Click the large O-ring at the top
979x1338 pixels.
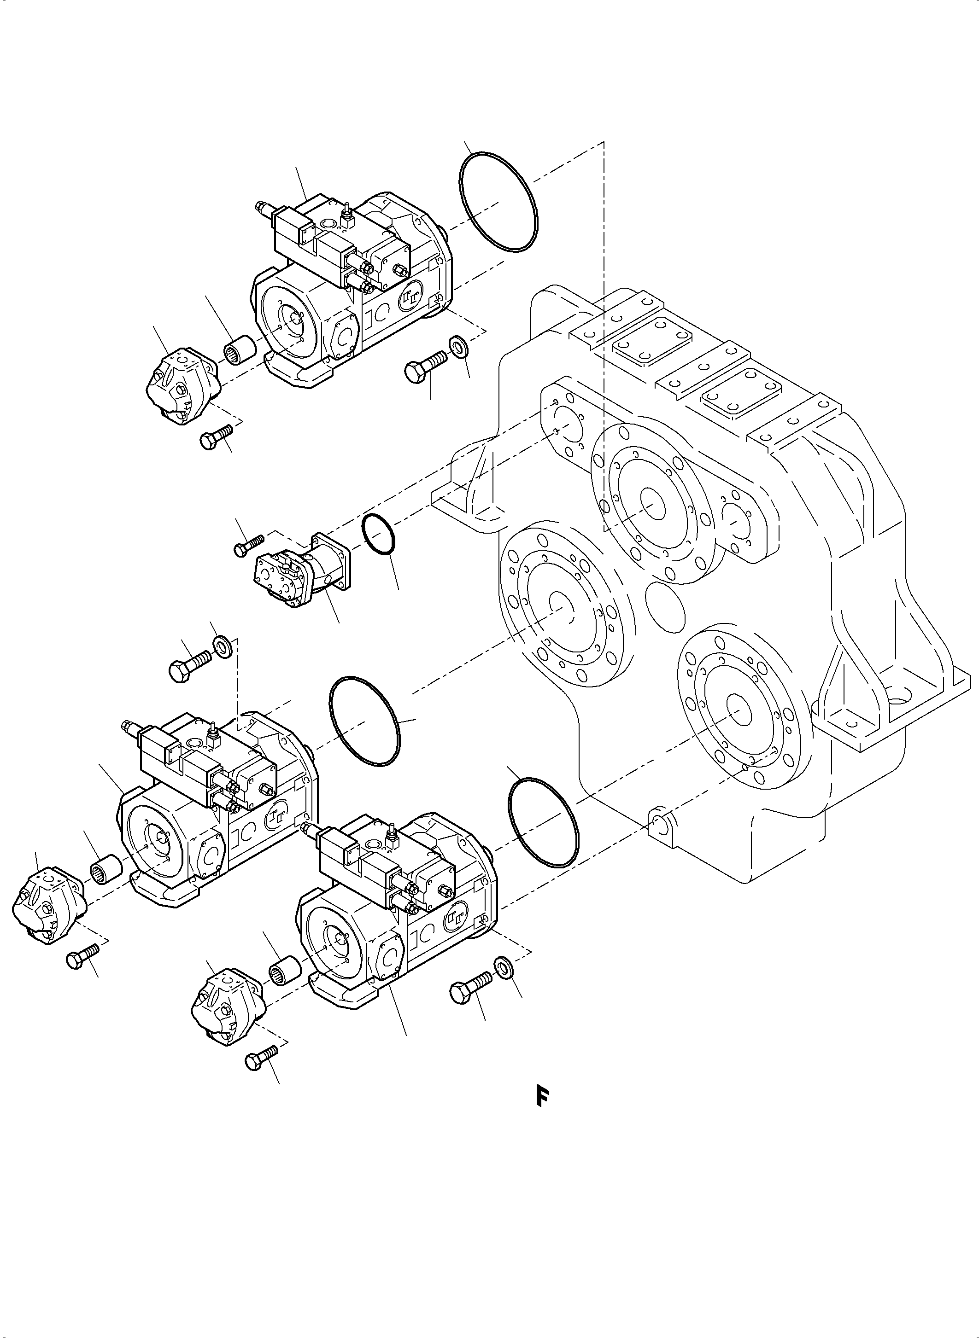(498, 203)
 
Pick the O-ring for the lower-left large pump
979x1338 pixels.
(364, 720)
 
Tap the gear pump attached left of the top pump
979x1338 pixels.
(182, 385)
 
